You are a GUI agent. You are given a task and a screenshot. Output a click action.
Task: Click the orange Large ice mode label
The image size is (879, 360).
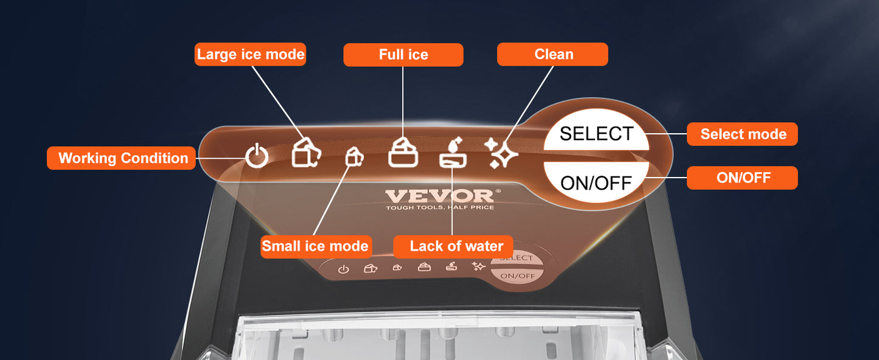click(x=251, y=54)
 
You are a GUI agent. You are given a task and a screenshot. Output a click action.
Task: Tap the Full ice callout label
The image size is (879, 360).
click(x=403, y=55)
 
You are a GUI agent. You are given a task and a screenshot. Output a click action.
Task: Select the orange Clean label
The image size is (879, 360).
click(x=552, y=54)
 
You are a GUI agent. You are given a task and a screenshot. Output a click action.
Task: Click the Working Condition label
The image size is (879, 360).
click(x=121, y=158)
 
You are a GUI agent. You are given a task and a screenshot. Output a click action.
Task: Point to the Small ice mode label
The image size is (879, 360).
click(x=316, y=247)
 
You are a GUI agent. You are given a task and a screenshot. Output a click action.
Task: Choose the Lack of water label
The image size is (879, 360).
click(x=453, y=247)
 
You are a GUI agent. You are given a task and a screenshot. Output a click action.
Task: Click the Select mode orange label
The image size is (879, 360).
click(x=743, y=134)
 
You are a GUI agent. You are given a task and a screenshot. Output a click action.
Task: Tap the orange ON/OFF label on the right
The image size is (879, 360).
click(x=743, y=178)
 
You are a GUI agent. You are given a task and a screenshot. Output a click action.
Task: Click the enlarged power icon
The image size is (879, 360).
click(x=257, y=156)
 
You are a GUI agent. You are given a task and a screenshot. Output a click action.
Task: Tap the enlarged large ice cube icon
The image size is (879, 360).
click(x=307, y=152)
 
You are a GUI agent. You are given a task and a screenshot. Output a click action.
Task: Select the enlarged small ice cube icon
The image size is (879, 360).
click(x=355, y=157)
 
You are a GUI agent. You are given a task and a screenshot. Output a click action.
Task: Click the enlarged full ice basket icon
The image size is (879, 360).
click(x=403, y=153)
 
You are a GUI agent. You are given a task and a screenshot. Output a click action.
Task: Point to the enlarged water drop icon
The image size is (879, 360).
click(x=453, y=153)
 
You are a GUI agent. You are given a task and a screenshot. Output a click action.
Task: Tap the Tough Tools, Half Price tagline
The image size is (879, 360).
click(x=440, y=207)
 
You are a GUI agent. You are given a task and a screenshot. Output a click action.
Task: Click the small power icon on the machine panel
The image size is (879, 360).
click(x=343, y=269)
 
